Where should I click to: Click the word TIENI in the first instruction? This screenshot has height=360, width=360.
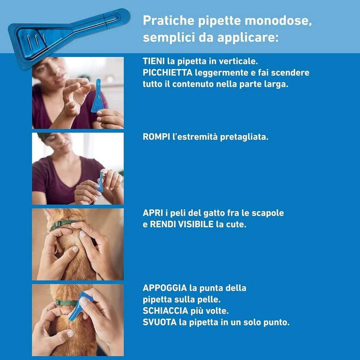[154, 61]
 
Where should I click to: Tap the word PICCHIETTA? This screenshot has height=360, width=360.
[168, 73]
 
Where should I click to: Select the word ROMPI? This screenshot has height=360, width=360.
[156, 137]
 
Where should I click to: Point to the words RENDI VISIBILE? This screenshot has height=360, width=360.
[181, 224]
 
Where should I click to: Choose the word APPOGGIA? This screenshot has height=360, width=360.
[165, 288]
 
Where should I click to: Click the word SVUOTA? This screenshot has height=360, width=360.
[159, 322]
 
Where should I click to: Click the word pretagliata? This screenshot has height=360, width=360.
[244, 137]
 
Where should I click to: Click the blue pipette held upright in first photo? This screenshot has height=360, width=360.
[97, 96]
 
